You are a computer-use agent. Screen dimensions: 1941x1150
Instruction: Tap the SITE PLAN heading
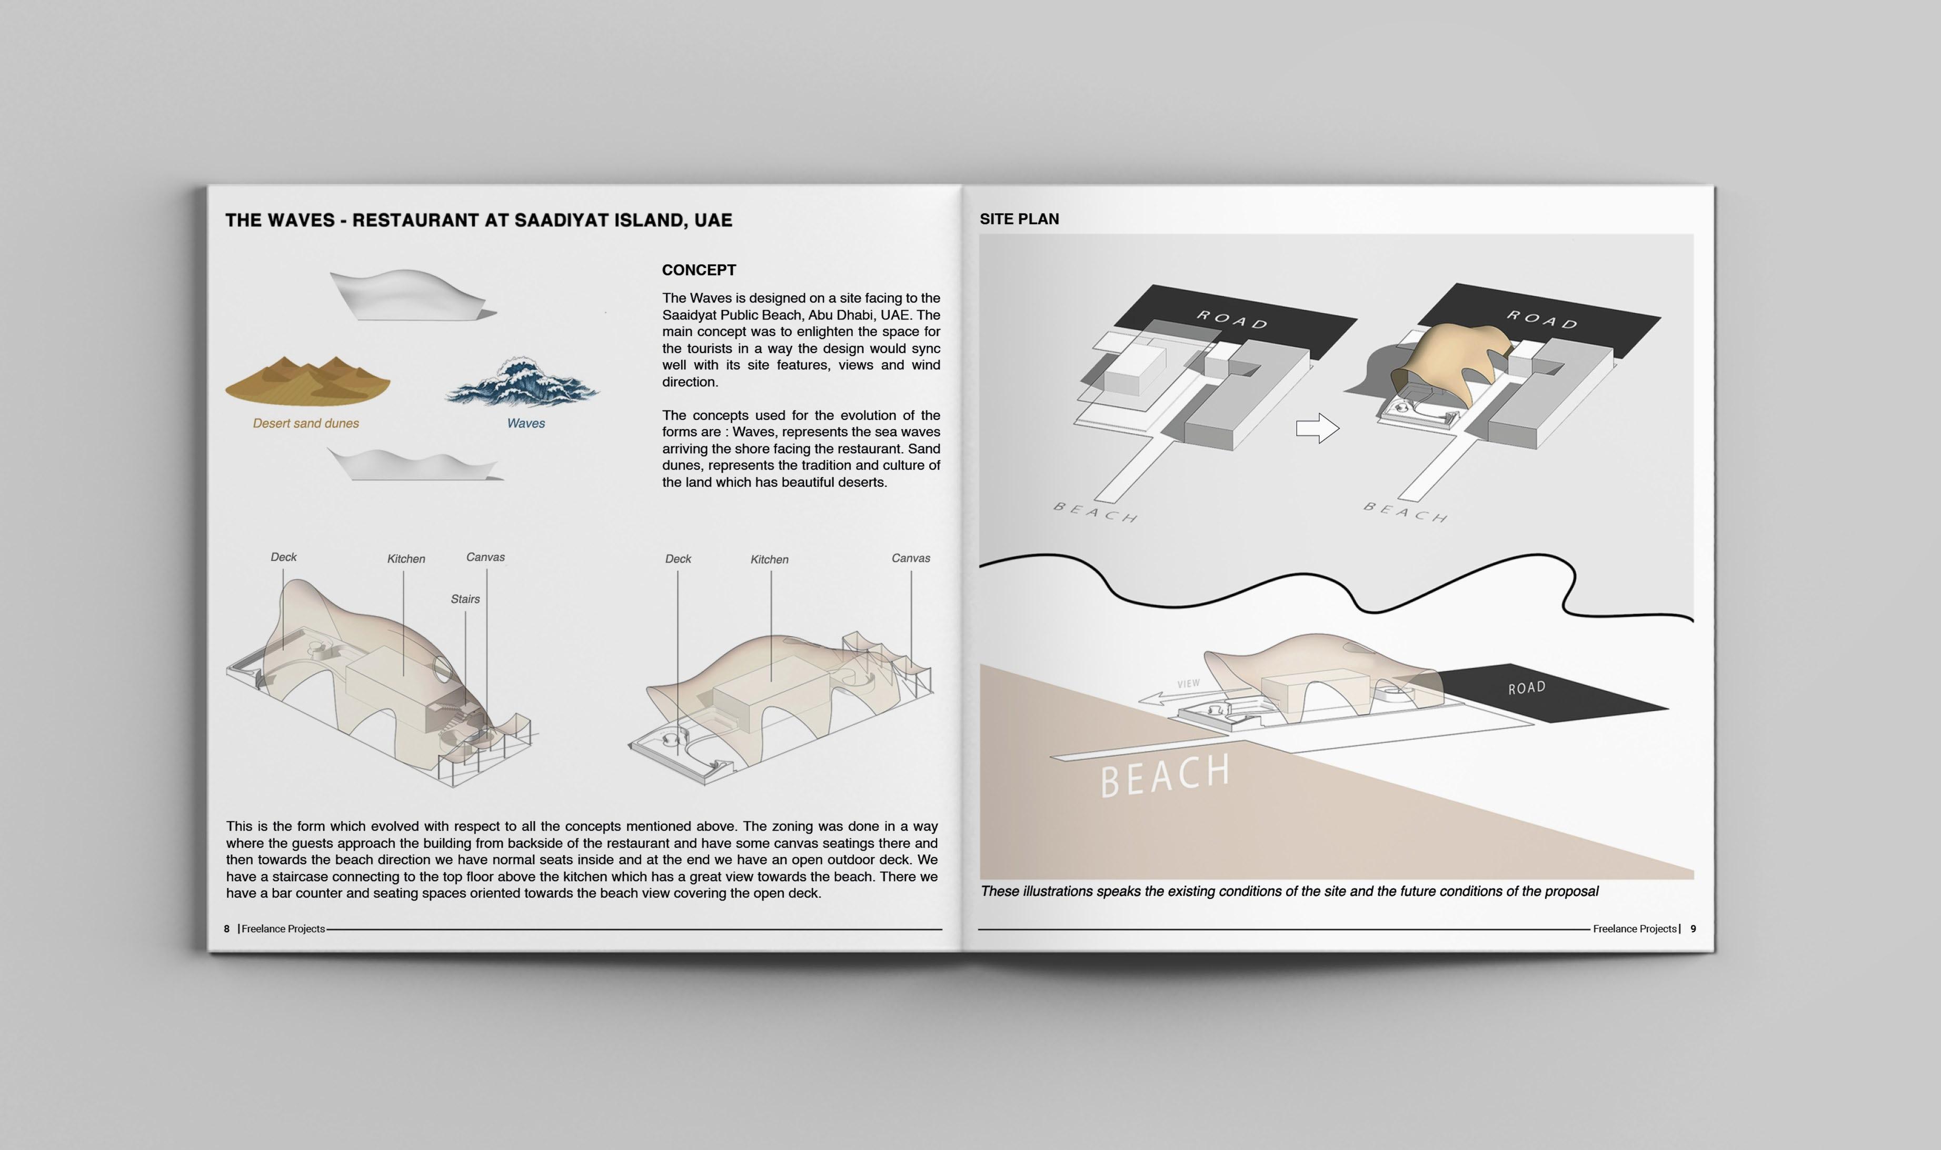(1019, 219)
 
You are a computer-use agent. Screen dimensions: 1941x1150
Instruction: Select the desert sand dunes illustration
(308, 381)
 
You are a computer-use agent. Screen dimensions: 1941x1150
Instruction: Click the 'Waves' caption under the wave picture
(525, 424)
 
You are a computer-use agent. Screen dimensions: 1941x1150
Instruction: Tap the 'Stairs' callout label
(465, 599)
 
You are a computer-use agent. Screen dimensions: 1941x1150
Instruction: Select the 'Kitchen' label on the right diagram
(769, 559)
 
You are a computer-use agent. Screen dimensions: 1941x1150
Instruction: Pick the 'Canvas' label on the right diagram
(910, 558)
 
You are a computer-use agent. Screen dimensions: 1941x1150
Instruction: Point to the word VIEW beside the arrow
(1188, 684)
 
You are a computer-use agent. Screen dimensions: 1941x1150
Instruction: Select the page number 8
(226, 928)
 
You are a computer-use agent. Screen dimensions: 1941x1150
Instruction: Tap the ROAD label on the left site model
(1232, 319)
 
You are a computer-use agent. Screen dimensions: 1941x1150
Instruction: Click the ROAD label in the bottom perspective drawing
(1526, 688)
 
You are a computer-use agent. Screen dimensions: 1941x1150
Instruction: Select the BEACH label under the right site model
(1405, 512)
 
